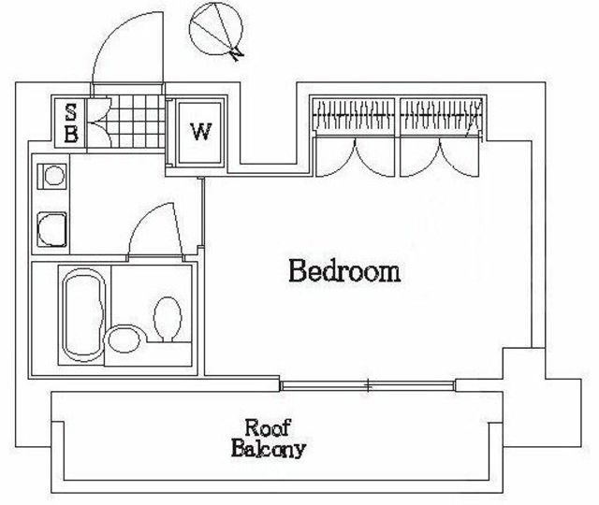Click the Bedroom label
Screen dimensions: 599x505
click(344, 270)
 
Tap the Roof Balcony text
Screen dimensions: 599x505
click(269, 439)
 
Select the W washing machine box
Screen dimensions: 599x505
click(200, 133)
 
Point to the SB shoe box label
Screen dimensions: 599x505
click(71, 123)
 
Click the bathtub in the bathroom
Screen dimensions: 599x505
click(83, 315)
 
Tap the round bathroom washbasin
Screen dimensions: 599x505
click(124, 339)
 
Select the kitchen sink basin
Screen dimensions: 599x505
click(52, 230)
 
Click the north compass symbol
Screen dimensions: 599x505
click(216, 29)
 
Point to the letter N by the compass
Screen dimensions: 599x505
click(238, 54)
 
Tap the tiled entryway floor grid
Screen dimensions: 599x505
click(138, 121)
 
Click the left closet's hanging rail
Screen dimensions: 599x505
click(354, 115)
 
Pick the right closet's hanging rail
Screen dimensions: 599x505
click(440, 115)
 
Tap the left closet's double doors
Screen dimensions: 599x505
click(356, 156)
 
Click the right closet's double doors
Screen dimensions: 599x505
click(439, 156)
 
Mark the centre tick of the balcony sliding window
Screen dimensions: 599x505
click(368, 385)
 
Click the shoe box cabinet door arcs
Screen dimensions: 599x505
click(100, 123)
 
